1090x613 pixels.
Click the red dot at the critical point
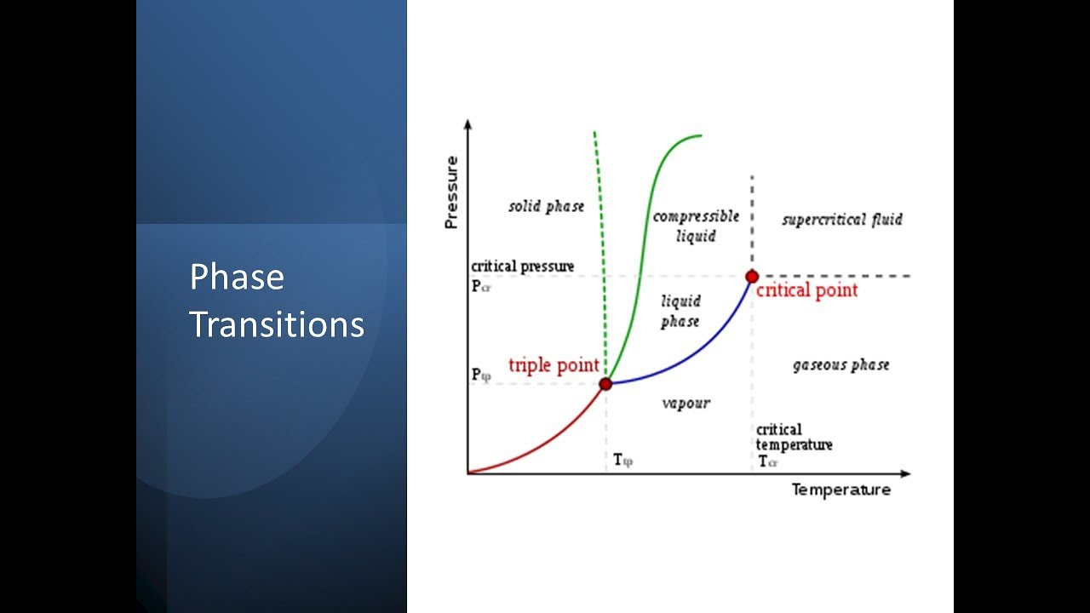tap(752, 276)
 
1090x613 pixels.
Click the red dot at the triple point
tap(605, 384)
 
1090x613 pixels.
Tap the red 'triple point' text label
tap(554, 365)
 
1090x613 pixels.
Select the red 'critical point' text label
tap(806, 290)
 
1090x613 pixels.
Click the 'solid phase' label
tap(547, 206)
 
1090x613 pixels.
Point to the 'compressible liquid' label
tap(696, 226)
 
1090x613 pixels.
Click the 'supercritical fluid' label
tap(842, 220)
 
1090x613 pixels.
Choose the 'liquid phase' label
tap(680, 311)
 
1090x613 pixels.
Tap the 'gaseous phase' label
tap(840, 364)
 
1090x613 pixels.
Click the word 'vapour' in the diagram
tap(686, 403)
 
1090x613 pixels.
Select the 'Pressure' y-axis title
tap(451, 192)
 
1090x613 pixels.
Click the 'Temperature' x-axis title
tap(840, 490)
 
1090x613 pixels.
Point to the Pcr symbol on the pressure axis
tap(481, 286)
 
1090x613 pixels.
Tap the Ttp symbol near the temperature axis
tap(623, 461)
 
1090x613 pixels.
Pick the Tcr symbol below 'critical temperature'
tap(768, 461)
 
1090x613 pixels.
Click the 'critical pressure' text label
tap(522, 266)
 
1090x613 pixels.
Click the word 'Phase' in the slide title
tap(237, 278)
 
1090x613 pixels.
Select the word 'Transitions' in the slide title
tap(277, 324)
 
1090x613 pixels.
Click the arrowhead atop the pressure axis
tap(468, 125)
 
